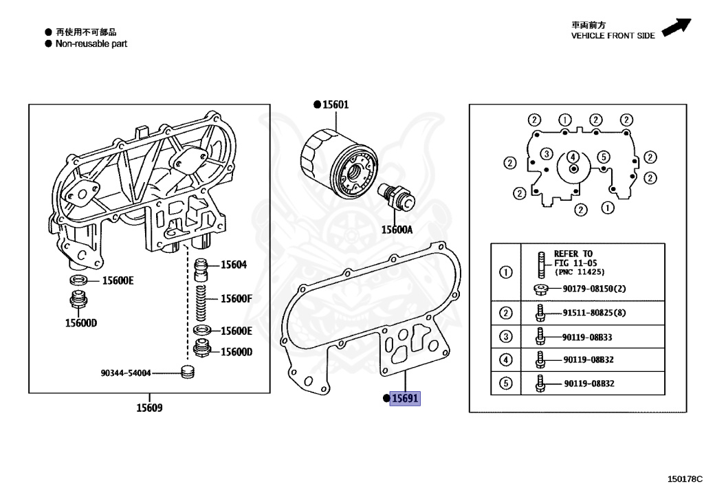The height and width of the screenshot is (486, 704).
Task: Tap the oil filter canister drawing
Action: [338, 163]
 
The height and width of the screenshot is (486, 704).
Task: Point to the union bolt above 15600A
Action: [397, 197]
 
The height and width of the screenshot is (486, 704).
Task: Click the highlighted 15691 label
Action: [405, 398]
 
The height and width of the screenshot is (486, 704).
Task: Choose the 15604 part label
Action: [234, 265]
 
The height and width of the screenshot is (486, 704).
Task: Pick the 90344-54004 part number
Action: [126, 373]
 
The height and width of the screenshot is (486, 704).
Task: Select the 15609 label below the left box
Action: [149, 408]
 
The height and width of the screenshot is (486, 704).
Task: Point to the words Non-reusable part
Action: [91, 43]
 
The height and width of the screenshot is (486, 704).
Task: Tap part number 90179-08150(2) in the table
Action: [593, 289]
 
